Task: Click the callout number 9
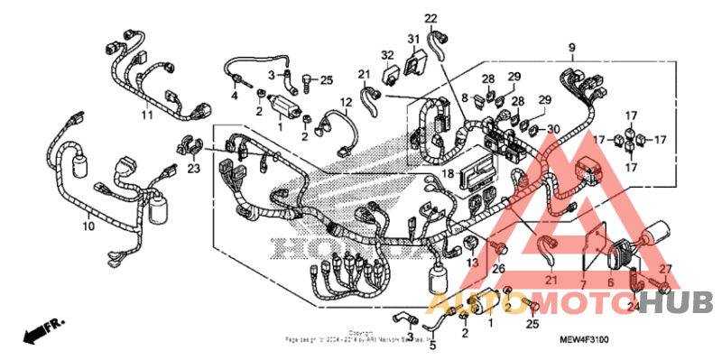click(x=571, y=47)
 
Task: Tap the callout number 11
click(x=146, y=116)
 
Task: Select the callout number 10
click(x=88, y=226)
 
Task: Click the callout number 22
click(x=430, y=18)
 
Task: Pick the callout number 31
click(x=413, y=39)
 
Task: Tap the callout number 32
click(x=386, y=55)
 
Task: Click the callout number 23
click(x=193, y=167)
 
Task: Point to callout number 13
click(x=471, y=263)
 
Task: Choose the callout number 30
click(x=553, y=128)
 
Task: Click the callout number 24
click(x=632, y=307)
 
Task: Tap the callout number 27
click(x=665, y=269)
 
